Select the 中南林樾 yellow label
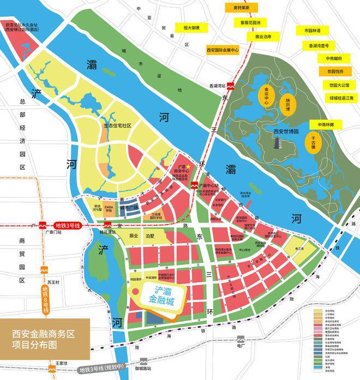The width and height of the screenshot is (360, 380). [x=328, y=124]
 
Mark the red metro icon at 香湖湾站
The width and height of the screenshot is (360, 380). [x=231, y=86]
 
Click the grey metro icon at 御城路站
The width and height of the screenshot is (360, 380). [x=143, y=361]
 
